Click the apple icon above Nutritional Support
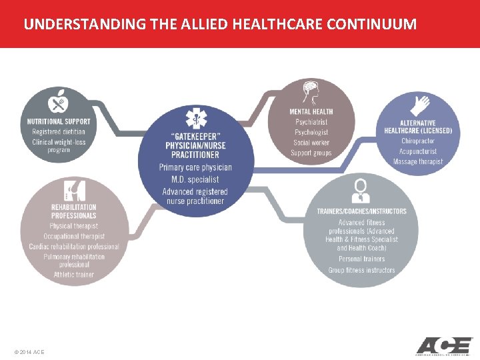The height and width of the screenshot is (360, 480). coord(58,103)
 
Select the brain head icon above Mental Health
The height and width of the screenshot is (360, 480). coord(311,92)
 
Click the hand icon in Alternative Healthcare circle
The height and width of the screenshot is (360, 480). coord(421,105)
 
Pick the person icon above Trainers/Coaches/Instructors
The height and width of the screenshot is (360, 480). coord(361,190)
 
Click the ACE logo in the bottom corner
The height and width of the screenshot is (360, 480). coord(443,346)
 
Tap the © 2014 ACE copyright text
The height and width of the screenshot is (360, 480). coord(29,351)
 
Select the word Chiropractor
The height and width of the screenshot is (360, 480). coord(418,141)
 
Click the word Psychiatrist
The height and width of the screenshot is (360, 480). coord(311,122)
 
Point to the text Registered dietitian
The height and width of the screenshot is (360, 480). coord(59,132)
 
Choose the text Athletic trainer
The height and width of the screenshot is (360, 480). coord(73,275)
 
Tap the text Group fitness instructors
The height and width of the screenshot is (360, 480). coord(361,270)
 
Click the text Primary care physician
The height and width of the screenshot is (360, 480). coord(195,167)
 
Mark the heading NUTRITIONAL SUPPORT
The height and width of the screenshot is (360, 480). coord(59,121)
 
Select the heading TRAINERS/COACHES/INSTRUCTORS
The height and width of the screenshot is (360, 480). coord(361,211)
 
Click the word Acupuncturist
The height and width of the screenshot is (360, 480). coord(418,151)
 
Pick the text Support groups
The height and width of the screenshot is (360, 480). coord(311,153)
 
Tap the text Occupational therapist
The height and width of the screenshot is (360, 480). coord(73,237)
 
